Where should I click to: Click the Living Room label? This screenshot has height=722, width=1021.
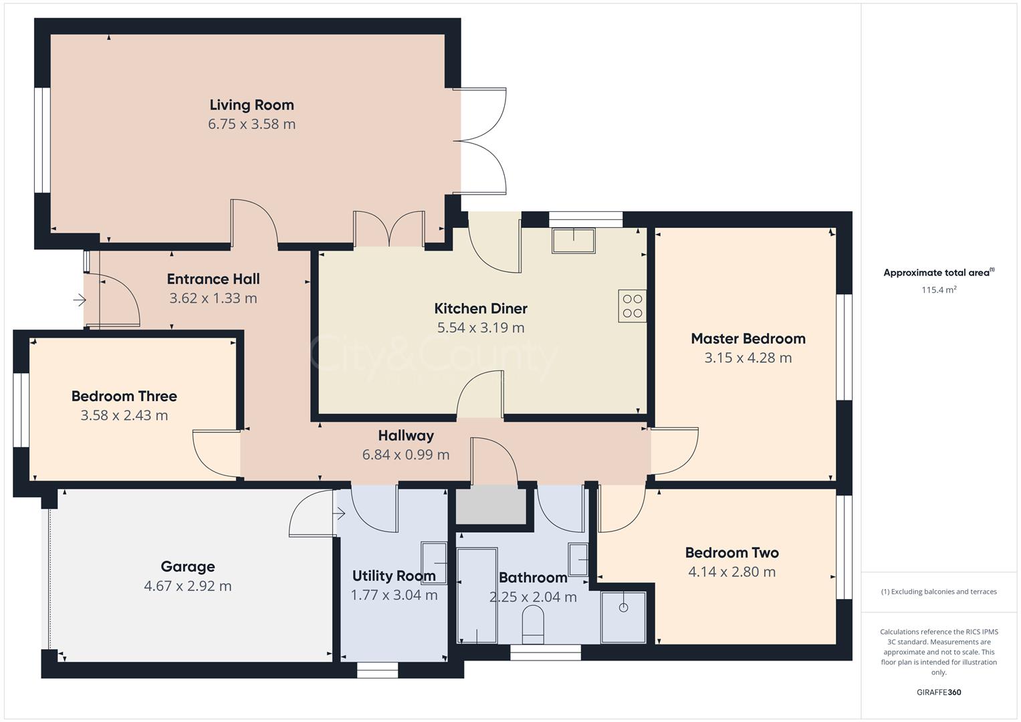click(251, 105)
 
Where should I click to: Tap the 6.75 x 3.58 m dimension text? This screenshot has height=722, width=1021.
click(251, 124)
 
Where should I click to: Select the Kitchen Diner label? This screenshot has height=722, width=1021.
click(481, 308)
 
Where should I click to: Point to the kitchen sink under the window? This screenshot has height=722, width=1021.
click(573, 241)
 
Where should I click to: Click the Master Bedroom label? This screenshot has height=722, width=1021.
click(748, 338)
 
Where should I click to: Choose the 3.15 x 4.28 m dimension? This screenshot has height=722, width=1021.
click(748, 358)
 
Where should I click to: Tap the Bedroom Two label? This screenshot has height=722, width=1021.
click(731, 553)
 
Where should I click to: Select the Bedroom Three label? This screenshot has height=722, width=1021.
click(124, 396)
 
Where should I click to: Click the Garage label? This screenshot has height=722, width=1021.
click(188, 567)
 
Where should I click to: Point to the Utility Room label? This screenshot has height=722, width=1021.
click(394, 576)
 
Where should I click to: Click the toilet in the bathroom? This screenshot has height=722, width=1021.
click(533, 626)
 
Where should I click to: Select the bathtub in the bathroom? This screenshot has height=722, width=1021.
click(477, 595)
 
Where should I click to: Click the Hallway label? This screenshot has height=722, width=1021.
click(406, 436)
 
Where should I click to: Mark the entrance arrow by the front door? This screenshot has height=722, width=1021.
click(80, 301)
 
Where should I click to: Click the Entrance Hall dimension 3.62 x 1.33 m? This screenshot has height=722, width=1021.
click(213, 299)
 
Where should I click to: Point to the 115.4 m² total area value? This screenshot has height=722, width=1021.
click(939, 290)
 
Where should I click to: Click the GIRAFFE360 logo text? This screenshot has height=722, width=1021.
click(939, 692)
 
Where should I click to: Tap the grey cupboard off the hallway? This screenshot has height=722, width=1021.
click(491, 506)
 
